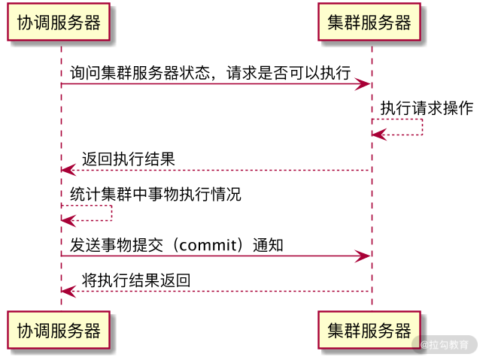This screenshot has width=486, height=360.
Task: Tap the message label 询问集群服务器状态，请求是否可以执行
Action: tap(211, 73)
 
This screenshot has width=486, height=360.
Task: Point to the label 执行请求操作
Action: tap(427, 107)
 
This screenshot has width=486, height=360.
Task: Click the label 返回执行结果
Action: tap(129, 159)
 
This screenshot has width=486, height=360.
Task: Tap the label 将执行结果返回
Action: tap(136, 280)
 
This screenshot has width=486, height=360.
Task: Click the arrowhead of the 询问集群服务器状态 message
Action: tap(364, 84)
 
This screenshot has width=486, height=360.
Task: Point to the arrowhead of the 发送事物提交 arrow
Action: tap(364, 257)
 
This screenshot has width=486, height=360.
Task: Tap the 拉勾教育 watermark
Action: tap(445, 345)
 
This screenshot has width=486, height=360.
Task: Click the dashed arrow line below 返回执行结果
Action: tap(218, 171)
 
